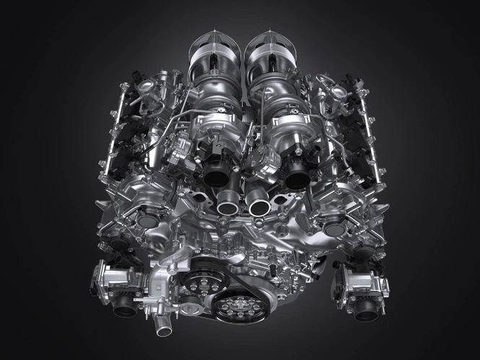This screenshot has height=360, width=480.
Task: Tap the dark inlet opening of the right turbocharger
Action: pos(297,174)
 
